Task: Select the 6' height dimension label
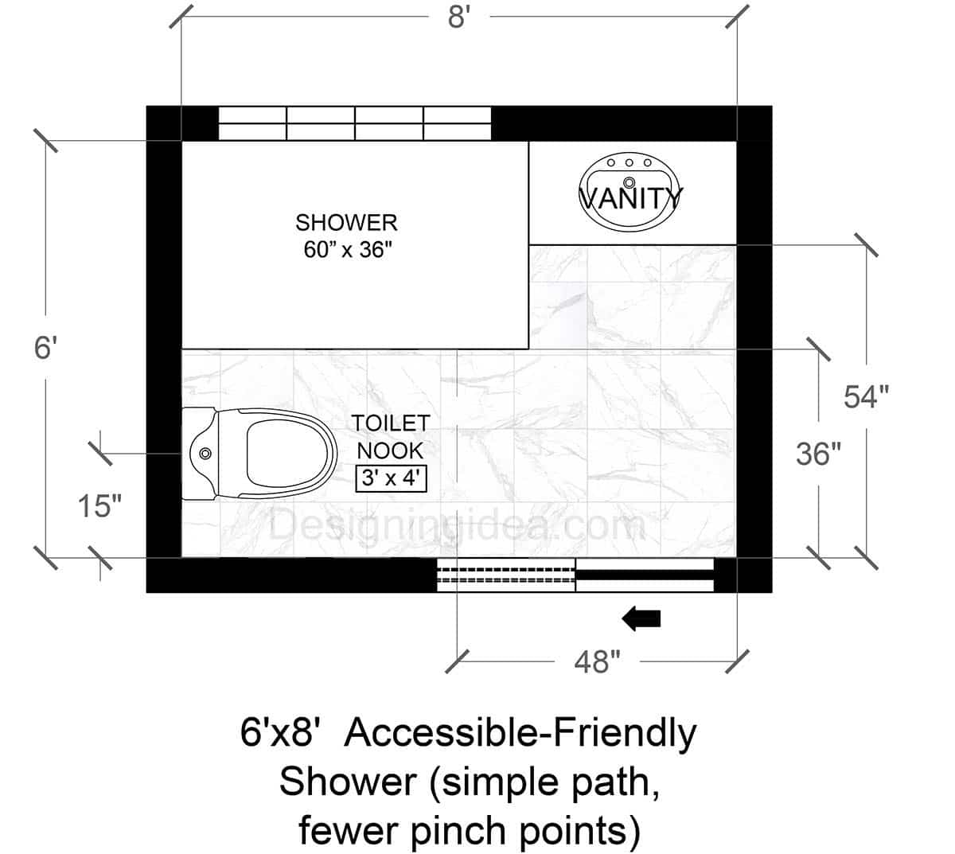(46, 348)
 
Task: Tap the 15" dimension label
(99, 506)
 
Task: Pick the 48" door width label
(596, 661)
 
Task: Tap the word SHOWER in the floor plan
(346, 222)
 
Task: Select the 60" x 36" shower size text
(348, 250)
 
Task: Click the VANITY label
(630, 197)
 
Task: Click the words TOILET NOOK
(391, 437)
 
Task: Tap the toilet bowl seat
(288, 454)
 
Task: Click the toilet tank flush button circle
(205, 454)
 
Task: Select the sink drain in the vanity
(630, 181)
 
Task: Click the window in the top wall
(355, 124)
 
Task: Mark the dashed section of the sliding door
(506, 575)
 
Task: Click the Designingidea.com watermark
(457, 526)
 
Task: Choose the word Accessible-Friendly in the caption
(521, 733)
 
